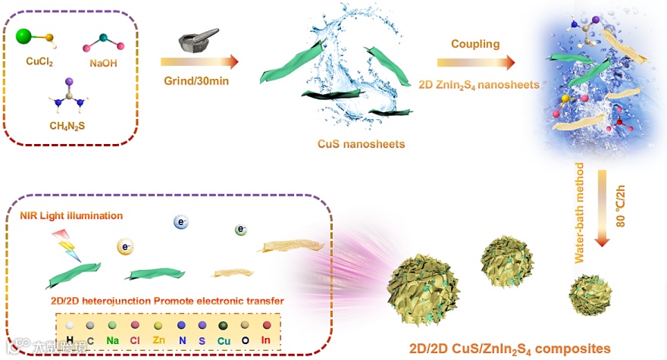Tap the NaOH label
tap(104, 64)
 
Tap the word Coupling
tap(475, 44)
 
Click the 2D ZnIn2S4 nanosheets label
tap(478, 84)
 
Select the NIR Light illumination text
tap(72, 216)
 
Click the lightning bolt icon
tap(67, 244)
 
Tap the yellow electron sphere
tap(125, 246)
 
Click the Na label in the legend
tap(113, 341)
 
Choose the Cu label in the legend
tap(224, 341)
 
